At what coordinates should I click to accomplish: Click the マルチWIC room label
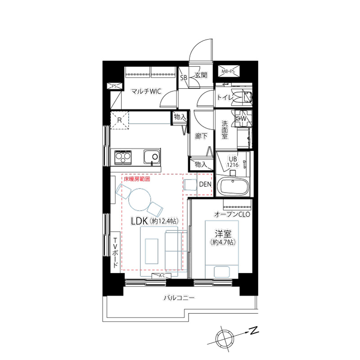click(x=146, y=91)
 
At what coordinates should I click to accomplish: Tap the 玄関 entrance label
click(x=201, y=75)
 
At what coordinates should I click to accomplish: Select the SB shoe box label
click(x=184, y=78)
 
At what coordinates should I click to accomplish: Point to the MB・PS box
click(x=229, y=71)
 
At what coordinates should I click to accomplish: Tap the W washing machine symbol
click(x=243, y=118)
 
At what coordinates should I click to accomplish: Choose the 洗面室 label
click(x=225, y=130)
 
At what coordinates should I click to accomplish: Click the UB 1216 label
click(x=233, y=162)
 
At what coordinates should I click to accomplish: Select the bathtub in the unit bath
click(x=233, y=186)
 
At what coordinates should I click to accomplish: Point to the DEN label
click(x=205, y=184)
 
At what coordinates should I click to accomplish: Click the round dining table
click(x=139, y=199)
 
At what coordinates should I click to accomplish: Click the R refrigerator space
click(x=119, y=120)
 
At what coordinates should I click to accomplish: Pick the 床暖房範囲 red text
click(x=137, y=179)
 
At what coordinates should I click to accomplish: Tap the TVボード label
click(x=115, y=252)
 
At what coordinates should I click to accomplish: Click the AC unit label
click(x=162, y=276)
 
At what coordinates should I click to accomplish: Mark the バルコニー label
click(x=179, y=298)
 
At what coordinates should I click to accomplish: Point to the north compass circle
click(x=225, y=339)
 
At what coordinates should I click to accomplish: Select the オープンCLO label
click(x=232, y=215)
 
